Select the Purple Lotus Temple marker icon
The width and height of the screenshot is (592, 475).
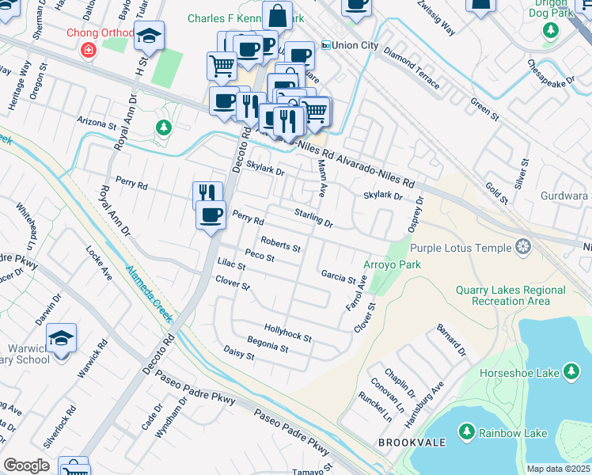(x=522, y=248)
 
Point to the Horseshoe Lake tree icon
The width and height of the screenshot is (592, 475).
(x=570, y=372)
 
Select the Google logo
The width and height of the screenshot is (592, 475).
(x=26, y=465)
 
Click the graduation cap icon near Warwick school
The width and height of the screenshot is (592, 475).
(x=61, y=339)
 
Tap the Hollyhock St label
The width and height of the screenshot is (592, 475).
(x=288, y=332)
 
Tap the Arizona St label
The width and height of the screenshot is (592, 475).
(x=97, y=124)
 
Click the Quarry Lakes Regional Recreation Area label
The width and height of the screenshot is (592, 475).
(x=510, y=295)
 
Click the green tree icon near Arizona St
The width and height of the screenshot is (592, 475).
(x=163, y=127)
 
